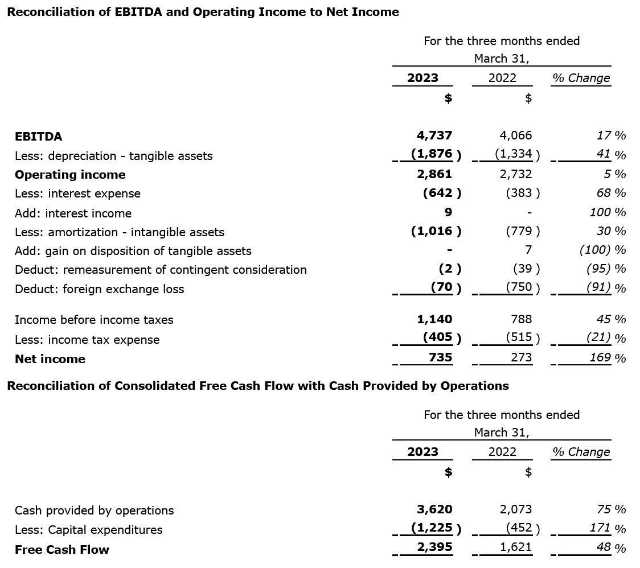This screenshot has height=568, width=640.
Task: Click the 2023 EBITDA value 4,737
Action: (x=434, y=135)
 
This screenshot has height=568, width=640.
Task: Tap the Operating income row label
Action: (x=70, y=175)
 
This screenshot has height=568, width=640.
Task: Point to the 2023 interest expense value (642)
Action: (x=442, y=193)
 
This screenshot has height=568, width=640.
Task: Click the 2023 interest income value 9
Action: (x=448, y=212)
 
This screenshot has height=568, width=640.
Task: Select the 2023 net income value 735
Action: (x=440, y=357)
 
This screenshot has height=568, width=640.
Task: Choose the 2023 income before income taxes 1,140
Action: (x=434, y=319)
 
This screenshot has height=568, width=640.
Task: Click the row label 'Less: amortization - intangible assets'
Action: (x=120, y=232)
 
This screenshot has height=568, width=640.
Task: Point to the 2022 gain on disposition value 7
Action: (x=528, y=249)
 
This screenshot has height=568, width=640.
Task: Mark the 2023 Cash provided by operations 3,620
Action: (x=434, y=509)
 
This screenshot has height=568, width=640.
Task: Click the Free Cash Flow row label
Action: (x=62, y=550)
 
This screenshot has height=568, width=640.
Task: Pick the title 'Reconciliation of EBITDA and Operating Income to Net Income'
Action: (x=203, y=12)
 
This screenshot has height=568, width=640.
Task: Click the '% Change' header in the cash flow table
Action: (x=581, y=452)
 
